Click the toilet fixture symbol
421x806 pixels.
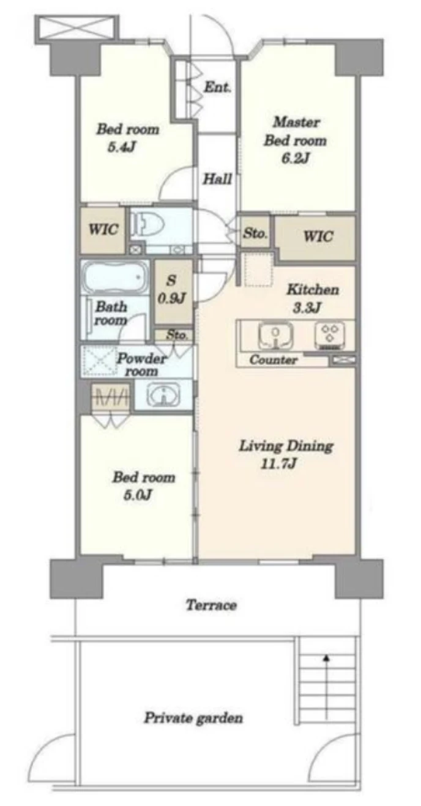[147, 224]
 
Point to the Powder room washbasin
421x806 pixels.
[163, 395]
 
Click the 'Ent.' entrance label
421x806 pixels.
[217, 87]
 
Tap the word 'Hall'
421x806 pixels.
[217, 179]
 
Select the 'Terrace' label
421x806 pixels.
[211, 605]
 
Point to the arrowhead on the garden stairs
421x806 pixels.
[326, 657]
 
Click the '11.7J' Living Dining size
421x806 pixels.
[278, 464]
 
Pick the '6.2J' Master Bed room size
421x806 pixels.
[296, 158]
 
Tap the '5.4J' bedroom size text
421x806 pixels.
[121, 147]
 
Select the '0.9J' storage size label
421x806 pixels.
[171, 298]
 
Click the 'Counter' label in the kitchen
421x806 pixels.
[274, 360]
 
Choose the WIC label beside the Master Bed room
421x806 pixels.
[318, 237]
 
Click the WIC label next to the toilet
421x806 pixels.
[103, 229]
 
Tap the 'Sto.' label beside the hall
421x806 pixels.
[255, 233]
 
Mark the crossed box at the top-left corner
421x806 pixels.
[77, 27]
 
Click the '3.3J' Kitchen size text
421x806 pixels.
[307, 308]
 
